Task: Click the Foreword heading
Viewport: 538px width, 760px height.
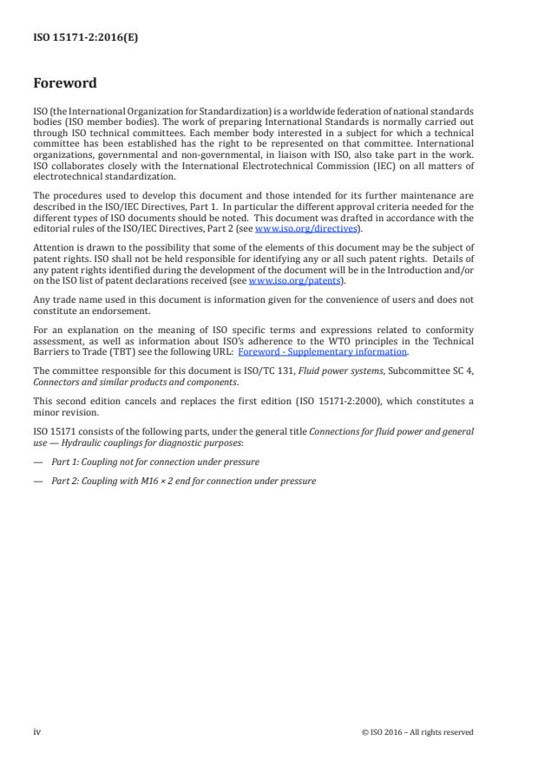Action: (65, 84)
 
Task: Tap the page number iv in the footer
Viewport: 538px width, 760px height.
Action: (37, 731)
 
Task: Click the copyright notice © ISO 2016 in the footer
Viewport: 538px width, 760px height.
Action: (417, 732)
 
